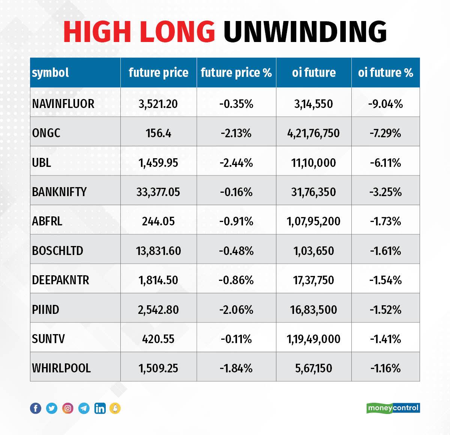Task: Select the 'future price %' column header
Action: coord(236,72)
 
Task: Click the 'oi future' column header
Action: coord(314,72)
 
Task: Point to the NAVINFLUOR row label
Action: coord(63,103)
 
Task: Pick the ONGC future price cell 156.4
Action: coord(158,133)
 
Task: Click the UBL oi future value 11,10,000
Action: coord(313,163)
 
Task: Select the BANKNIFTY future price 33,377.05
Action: coord(158,192)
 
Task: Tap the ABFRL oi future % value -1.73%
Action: coord(385,221)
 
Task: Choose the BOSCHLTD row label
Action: coord(57,250)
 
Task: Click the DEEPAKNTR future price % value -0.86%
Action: coord(236,280)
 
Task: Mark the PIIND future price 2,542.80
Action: coord(158,310)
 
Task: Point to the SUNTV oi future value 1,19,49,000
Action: coord(313,339)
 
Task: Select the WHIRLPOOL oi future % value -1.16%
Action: coord(385,368)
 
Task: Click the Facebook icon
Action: coord(36,408)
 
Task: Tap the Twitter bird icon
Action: coord(52,408)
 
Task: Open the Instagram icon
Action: coord(68,408)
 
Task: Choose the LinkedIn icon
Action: coord(100,408)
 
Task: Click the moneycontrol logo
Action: coord(393,408)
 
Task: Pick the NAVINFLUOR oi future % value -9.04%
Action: coord(385,103)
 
